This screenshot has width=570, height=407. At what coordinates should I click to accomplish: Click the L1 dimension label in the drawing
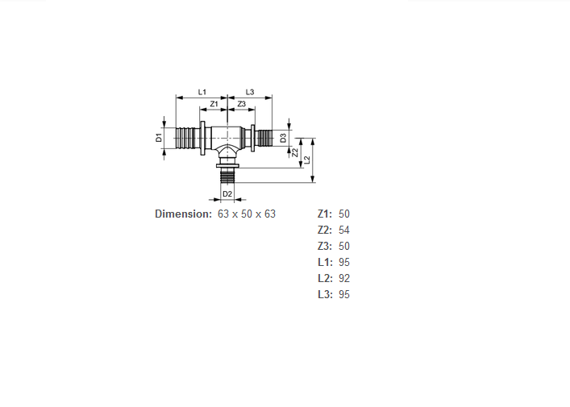[202, 92]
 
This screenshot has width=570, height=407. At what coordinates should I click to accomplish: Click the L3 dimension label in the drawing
[250, 92]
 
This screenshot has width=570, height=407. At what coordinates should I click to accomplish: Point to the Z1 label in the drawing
[214, 104]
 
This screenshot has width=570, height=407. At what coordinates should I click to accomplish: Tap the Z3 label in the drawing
[241, 104]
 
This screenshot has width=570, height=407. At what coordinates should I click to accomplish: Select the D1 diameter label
[159, 138]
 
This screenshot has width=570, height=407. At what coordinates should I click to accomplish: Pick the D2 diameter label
[227, 194]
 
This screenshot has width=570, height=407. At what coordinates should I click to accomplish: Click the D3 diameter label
[283, 138]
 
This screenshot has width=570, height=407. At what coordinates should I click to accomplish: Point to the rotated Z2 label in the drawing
[295, 152]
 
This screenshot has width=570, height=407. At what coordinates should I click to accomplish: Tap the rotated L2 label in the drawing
[307, 160]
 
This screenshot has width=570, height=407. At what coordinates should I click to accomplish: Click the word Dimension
[183, 214]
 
